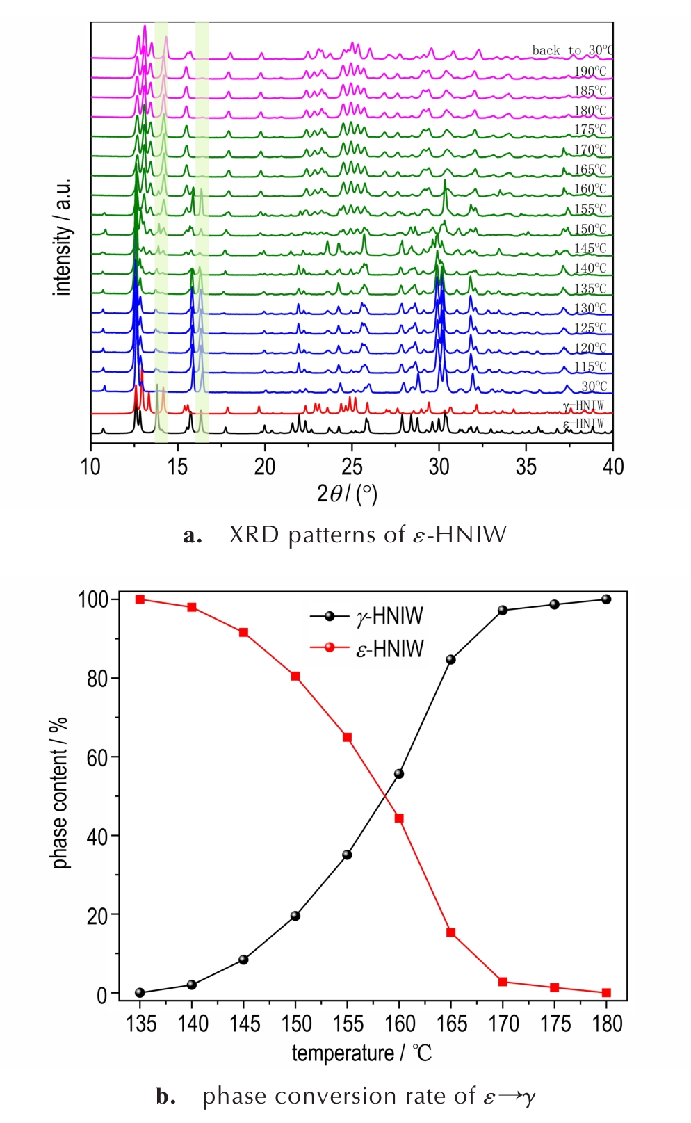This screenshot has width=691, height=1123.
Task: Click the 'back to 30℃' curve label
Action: coord(572,50)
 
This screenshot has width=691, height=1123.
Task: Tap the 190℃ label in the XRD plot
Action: coord(590,71)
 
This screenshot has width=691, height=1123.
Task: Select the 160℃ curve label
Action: coord(590,188)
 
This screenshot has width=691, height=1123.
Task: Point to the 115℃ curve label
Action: coord(590,366)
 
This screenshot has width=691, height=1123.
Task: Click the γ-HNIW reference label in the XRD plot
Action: coord(583,405)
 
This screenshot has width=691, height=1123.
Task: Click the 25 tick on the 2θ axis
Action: coord(352,467)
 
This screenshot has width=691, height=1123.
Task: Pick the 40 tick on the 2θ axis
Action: coord(612,467)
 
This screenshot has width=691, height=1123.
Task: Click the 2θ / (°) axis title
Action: coord(347,494)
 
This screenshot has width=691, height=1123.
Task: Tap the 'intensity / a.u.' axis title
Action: coord(63,237)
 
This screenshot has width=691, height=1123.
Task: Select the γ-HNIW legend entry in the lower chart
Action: coord(389,616)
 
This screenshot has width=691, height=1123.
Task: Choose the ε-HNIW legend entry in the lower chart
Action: coord(389,649)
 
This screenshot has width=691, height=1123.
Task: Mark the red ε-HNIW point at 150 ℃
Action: coord(295,676)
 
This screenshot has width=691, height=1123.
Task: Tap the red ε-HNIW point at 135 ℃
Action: coord(140,599)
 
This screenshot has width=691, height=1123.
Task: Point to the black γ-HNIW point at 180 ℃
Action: coord(606,599)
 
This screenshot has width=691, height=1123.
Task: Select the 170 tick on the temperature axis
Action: coord(503,1024)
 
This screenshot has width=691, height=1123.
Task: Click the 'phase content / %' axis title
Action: coord(60,792)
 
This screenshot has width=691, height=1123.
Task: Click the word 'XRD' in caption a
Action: coord(255,535)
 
